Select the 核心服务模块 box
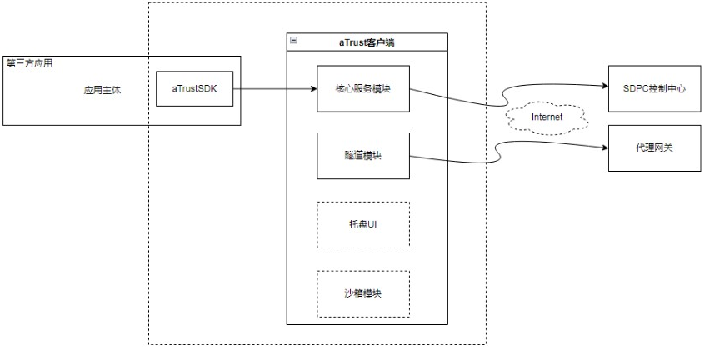point(363,88)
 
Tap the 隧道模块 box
point(363,156)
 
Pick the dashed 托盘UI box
point(363,224)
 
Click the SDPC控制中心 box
point(654,87)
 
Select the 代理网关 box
point(654,147)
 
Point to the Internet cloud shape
point(547,117)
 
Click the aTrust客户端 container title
point(367,42)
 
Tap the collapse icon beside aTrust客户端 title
point(292,40)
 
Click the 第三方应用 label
point(30,63)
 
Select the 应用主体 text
point(102,90)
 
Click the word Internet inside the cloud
point(547,117)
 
